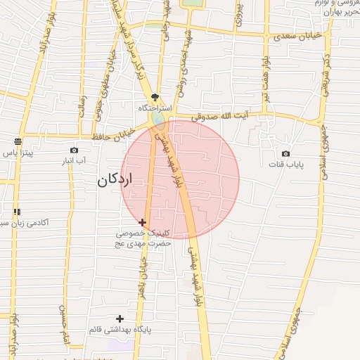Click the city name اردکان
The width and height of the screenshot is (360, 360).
click(115, 181)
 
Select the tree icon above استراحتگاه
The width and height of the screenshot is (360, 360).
click(155, 98)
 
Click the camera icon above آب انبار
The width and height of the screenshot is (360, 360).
click(75, 150)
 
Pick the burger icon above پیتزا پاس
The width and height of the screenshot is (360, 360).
click(18, 141)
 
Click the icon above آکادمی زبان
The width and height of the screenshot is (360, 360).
click(18, 211)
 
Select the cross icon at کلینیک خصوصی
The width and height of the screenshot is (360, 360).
click(143, 222)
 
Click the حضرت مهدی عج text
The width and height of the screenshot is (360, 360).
click(144, 243)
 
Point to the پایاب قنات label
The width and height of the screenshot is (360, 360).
click(285, 165)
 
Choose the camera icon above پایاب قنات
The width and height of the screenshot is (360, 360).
click(285, 153)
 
